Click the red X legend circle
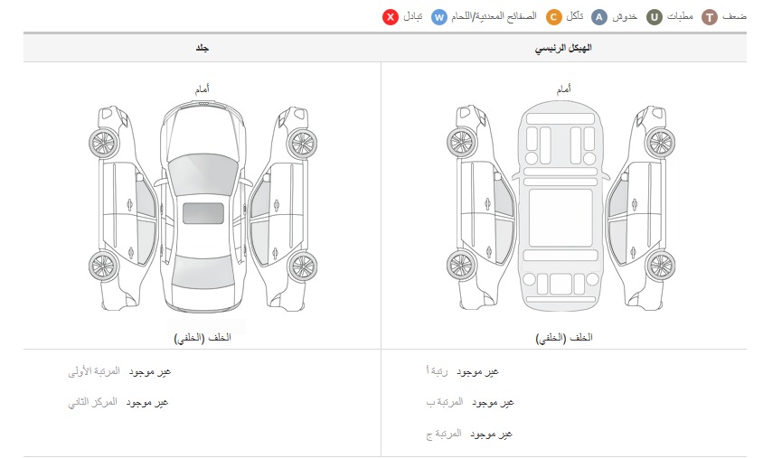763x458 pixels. pos(391,17)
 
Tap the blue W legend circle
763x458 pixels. pos(439,17)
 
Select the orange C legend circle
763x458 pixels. pos(554,17)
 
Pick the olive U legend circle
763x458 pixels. pos(655,17)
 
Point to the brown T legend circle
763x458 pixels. pos(710,17)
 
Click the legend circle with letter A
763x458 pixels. pos(599,17)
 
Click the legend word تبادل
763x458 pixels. pos(412,16)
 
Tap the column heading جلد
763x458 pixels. pos(203,48)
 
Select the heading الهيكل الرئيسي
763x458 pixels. pos(563,48)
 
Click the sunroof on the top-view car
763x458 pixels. pos(203,213)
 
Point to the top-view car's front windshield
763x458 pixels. pos(203,174)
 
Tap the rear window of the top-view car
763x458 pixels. pos(203,271)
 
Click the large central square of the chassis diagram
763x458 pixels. pos(560,218)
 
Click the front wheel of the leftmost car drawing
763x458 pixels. pos(104,143)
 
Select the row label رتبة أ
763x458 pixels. pos(437,371)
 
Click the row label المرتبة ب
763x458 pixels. pos(445,402)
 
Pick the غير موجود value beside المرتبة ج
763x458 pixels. pos(492,434)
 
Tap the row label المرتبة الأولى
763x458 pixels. pos(94,371)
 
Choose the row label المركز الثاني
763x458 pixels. pos(92,402)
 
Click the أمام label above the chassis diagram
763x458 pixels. pos(564,89)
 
